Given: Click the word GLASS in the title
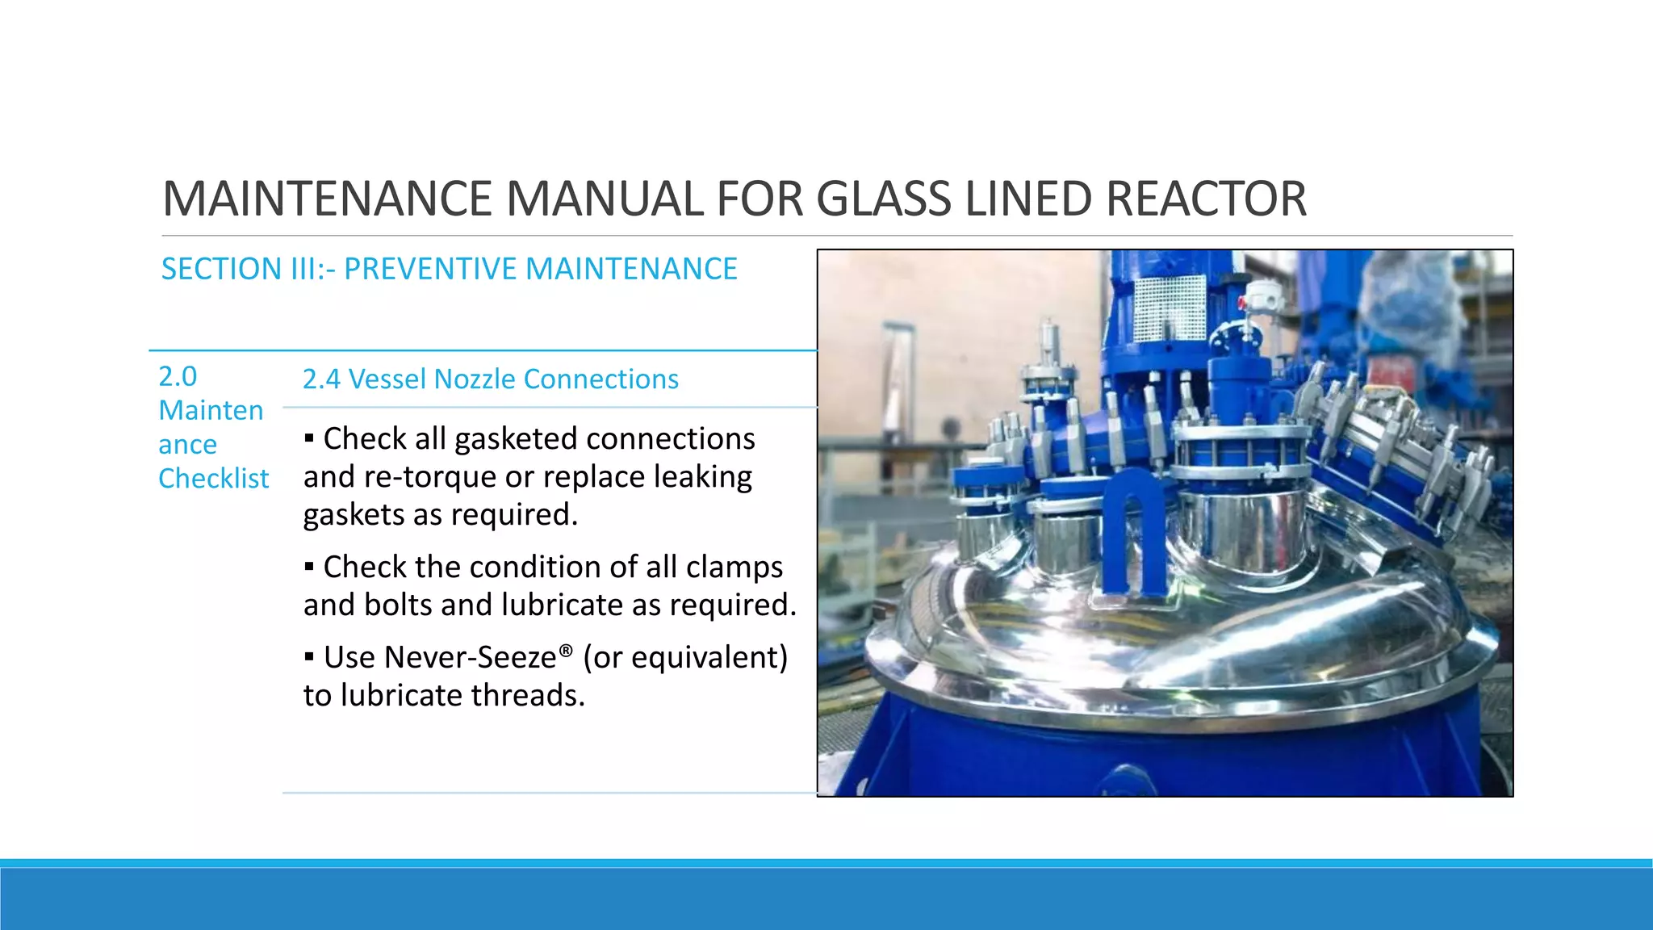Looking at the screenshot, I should [884, 199].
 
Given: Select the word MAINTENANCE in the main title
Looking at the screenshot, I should [327, 199].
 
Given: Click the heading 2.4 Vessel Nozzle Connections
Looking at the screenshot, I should [490, 379].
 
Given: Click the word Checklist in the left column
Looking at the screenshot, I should [213, 479].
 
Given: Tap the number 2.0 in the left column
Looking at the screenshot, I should [178, 377].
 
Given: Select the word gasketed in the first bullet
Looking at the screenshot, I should [515, 439].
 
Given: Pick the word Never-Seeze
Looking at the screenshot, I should [470, 658].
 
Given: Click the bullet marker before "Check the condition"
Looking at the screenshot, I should [309, 567].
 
